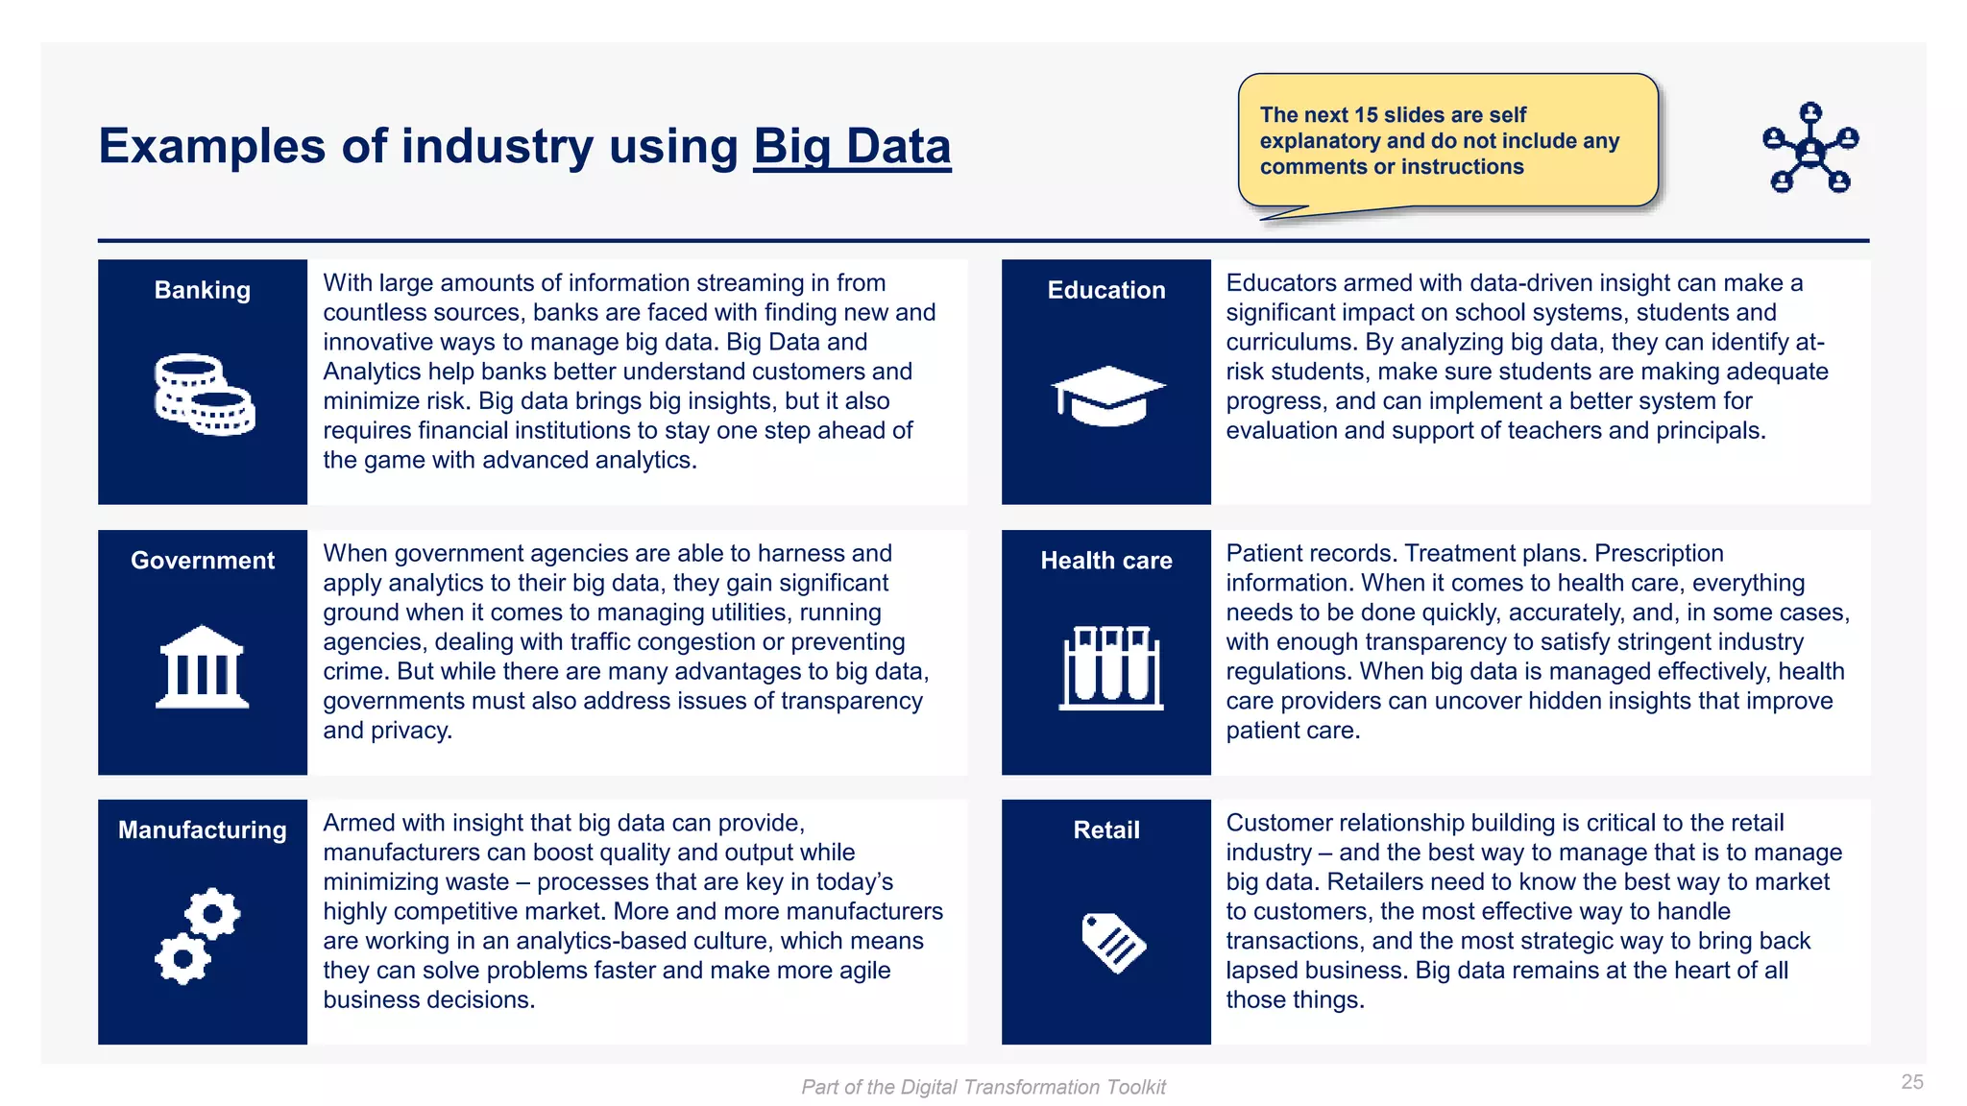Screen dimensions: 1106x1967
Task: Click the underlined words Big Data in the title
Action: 852,147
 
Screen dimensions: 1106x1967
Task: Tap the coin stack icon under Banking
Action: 205,395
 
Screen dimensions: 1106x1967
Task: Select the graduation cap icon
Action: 1107,395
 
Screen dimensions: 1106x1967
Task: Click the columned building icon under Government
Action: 203,667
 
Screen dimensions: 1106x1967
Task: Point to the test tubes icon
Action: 1110,668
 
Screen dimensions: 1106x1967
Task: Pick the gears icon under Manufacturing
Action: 198,936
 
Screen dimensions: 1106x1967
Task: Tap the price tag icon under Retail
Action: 1113,942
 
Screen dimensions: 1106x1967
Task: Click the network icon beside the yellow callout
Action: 1810,148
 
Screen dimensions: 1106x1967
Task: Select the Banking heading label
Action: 203,290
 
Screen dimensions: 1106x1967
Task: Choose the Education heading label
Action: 1106,290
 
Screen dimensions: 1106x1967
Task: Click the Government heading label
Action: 203,561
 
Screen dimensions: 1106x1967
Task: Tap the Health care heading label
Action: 1106,561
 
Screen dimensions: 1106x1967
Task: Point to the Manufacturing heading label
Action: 203,830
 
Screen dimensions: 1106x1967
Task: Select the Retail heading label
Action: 1106,830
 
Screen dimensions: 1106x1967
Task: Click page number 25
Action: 1911,1082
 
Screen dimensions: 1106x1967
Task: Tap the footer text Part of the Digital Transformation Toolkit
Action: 983,1087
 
